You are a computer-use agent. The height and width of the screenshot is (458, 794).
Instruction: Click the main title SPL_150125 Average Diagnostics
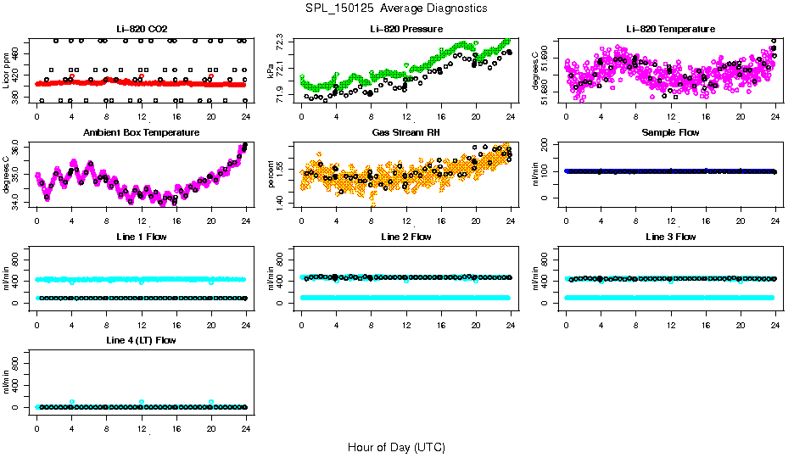[x=397, y=8]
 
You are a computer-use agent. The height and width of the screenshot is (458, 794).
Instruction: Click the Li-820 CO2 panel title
[x=141, y=29]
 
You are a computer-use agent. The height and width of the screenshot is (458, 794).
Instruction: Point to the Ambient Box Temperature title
[x=141, y=133]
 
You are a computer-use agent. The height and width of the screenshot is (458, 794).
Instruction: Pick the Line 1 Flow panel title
[x=141, y=237]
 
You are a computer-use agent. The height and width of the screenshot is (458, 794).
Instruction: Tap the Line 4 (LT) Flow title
[x=141, y=341]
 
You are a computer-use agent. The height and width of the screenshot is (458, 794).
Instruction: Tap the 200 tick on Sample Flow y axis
[x=548, y=144]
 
